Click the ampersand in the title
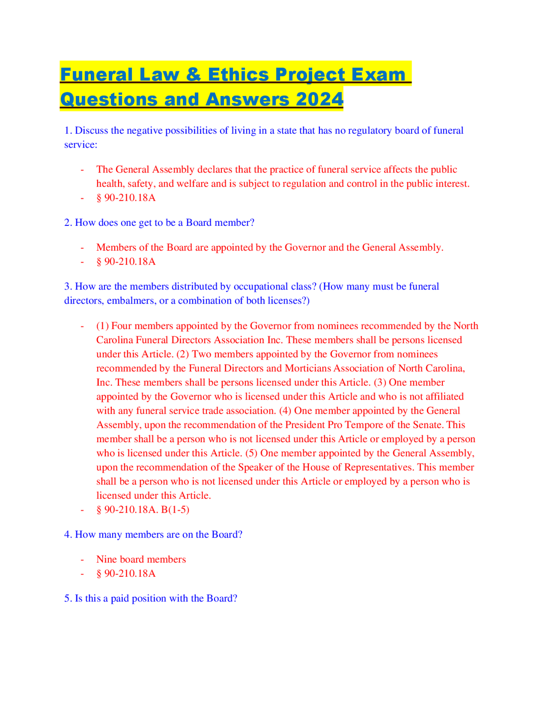194,75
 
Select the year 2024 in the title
318,99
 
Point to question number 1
68,131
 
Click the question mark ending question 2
252,223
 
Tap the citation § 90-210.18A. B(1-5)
143,510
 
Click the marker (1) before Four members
103,326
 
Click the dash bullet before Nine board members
82,560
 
